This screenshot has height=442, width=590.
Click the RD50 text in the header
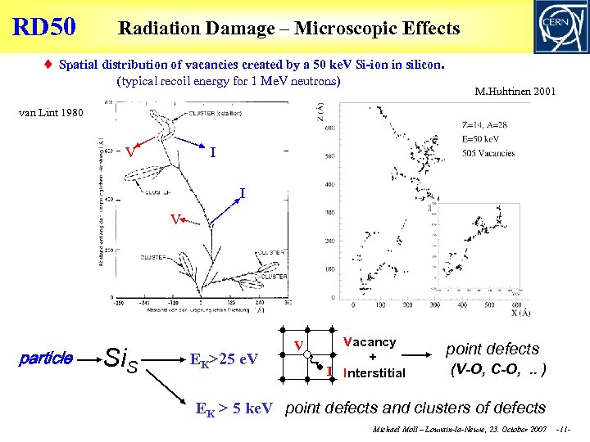44,27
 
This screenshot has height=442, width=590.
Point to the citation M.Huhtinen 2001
515,92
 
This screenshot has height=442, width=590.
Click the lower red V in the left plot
175,219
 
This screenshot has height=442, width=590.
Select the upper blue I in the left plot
213,152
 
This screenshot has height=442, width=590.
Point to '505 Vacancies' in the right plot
488,153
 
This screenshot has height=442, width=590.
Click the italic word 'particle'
45,359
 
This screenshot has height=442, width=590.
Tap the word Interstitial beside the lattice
375,373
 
